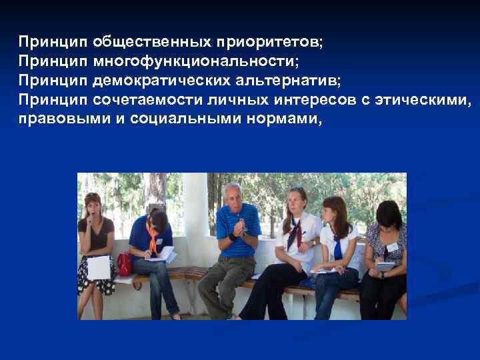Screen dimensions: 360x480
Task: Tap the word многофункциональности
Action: tap(196, 62)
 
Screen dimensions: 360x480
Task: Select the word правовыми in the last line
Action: tap(55, 120)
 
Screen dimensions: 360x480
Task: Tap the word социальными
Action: tap(175, 120)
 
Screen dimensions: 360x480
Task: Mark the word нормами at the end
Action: tap(287, 120)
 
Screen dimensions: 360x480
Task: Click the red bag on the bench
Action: tap(125, 263)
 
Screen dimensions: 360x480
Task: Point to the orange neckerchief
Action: tap(153, 240)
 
